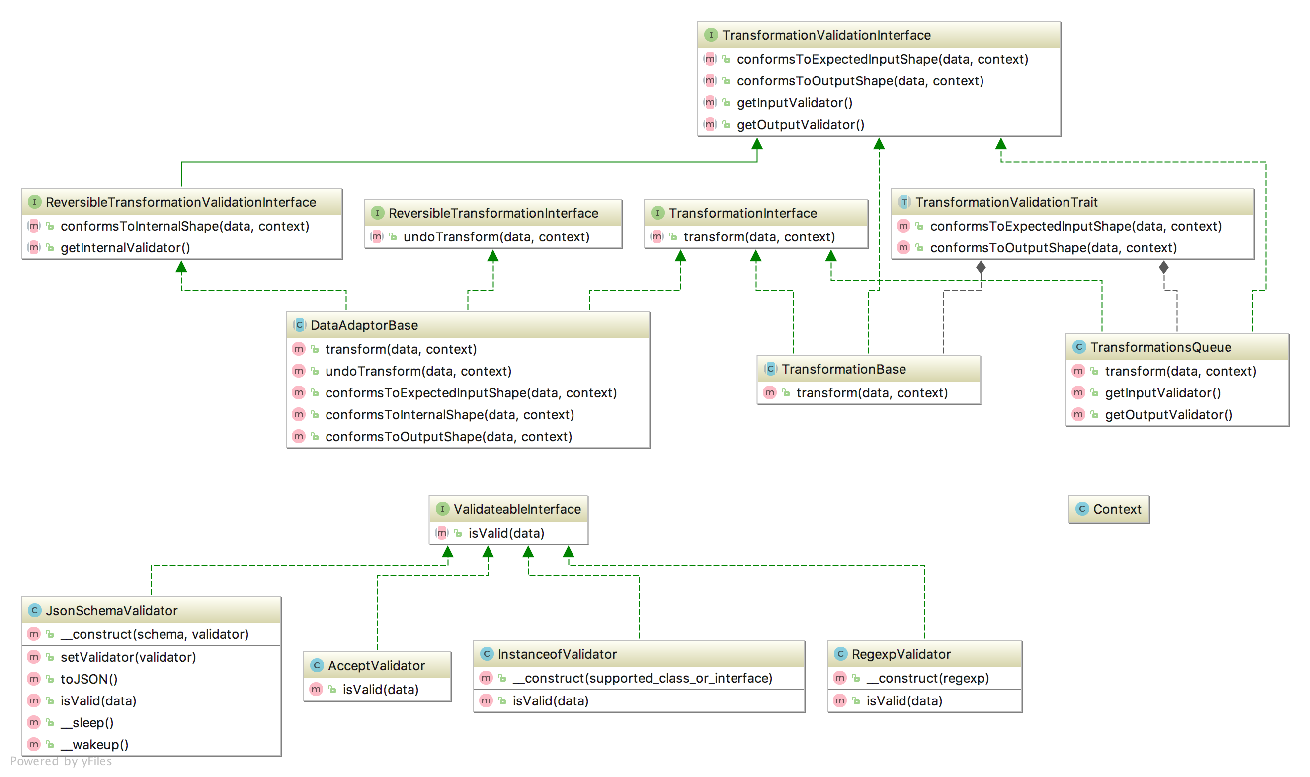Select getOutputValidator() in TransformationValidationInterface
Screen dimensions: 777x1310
800,125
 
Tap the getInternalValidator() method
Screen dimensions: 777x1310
125,247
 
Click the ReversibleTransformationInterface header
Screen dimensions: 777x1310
492,213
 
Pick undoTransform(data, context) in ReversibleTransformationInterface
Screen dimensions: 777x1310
496,237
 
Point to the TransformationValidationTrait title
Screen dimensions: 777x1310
1006,202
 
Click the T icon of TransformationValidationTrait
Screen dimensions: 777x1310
903,202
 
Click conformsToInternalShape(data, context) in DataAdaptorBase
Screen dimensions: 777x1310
449,415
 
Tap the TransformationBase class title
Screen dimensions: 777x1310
843,369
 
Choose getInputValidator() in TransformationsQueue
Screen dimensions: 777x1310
1162,392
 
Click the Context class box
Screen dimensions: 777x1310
1108,509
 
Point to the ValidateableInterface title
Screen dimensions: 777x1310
517,509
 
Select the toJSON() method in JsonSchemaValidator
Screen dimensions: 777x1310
89,679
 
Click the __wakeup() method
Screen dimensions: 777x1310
94,745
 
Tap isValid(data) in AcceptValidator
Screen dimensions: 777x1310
380,690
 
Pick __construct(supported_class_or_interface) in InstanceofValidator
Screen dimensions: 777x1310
642,678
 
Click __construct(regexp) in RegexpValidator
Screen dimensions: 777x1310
927,678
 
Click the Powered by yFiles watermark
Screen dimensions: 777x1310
61,761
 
